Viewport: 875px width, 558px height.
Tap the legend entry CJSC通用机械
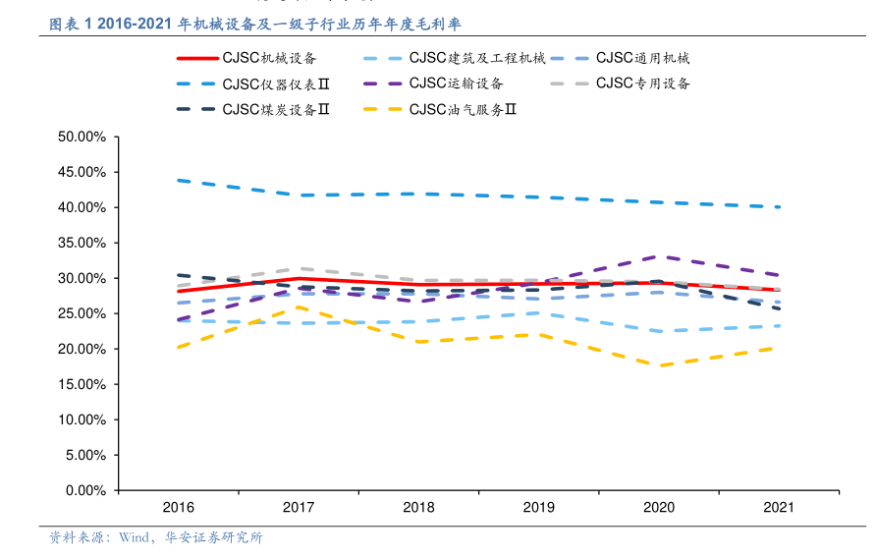[x=642, y=59]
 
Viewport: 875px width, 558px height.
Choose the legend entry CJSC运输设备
[x=456, y=84]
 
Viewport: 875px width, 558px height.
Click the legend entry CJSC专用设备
[x=642, y=84]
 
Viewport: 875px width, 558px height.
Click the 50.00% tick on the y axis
[x=82, y=137]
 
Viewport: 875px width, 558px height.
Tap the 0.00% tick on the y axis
[x=85, y=490]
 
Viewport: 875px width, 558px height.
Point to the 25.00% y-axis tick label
[x=82, y=313]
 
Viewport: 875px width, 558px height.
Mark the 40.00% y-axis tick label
[x=82, y=207]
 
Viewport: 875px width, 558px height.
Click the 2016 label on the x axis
[x=179, y=508]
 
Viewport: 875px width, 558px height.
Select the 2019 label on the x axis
[x=538, y=508]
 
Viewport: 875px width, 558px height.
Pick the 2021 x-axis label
[x=778, y=508]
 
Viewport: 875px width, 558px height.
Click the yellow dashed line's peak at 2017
[x=299, y=307]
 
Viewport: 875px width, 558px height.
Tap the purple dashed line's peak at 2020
[x=658, y=256]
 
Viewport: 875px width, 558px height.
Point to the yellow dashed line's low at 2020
[x=658, y=365]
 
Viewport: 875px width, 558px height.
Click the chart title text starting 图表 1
[x=255, y=24]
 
